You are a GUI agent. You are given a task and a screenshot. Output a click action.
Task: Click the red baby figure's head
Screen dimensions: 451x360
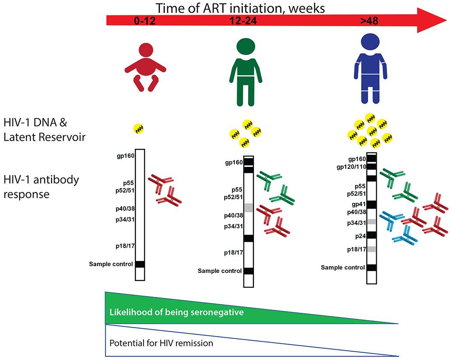146,50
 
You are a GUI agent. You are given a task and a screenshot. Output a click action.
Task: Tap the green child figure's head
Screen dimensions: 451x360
246,46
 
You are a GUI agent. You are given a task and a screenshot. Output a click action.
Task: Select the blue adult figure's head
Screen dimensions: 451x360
370,42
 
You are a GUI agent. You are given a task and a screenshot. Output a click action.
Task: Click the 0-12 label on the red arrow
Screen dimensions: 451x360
145,21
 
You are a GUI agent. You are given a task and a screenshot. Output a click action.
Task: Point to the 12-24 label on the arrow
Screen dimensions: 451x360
243,21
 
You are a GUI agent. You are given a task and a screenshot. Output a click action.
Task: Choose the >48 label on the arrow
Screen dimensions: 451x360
369,21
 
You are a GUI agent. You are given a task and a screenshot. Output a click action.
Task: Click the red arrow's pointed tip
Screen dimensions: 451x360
446,21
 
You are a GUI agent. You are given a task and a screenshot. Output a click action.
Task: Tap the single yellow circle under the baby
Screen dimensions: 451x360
138,129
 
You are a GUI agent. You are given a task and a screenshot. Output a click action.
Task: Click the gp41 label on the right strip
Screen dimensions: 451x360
359,204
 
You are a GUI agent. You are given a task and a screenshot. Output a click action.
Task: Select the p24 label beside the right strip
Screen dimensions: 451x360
360,236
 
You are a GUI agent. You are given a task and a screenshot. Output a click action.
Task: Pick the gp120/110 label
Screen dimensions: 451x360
351,166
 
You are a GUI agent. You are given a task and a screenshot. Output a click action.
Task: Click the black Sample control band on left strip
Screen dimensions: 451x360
140,264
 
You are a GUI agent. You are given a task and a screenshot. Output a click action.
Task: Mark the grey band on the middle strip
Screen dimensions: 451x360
249,208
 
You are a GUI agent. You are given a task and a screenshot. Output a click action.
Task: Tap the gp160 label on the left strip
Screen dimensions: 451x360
125,156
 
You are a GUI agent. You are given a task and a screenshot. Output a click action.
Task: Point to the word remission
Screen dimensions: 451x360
194,343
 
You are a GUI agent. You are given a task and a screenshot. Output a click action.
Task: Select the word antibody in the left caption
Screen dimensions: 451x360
56,180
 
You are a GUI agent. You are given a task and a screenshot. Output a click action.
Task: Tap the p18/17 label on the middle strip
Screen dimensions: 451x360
234,253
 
